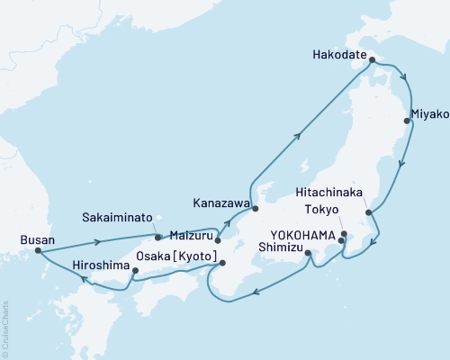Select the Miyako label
click(428, 114)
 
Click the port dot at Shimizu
click(308, 254)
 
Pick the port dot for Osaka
click(222, 263)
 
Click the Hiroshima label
click(100, 266)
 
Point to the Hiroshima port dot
click(135, 270)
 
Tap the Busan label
click(36, 240)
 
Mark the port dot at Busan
click(38, 251)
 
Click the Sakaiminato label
click(112, 218)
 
